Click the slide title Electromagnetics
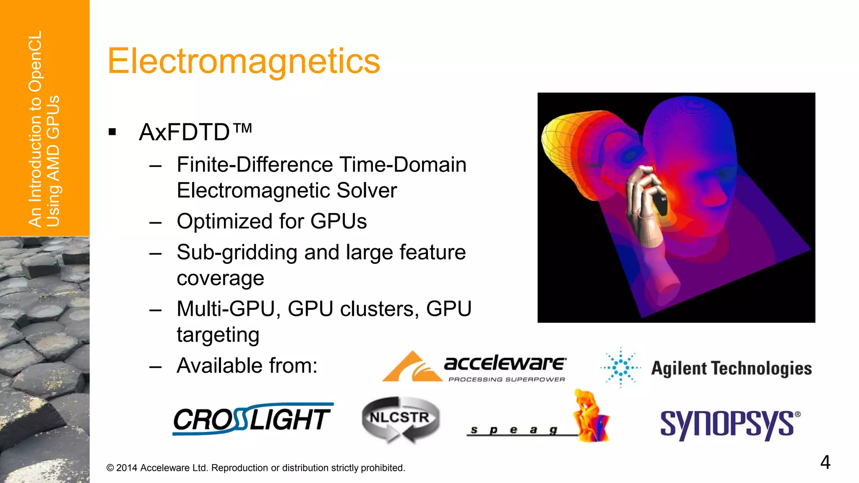244,61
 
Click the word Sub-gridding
237,252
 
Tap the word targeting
218,335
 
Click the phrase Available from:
247,366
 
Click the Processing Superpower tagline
507,379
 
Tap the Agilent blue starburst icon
621,368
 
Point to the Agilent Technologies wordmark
731,369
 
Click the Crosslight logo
252,419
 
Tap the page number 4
825,462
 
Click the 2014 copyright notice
255,468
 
